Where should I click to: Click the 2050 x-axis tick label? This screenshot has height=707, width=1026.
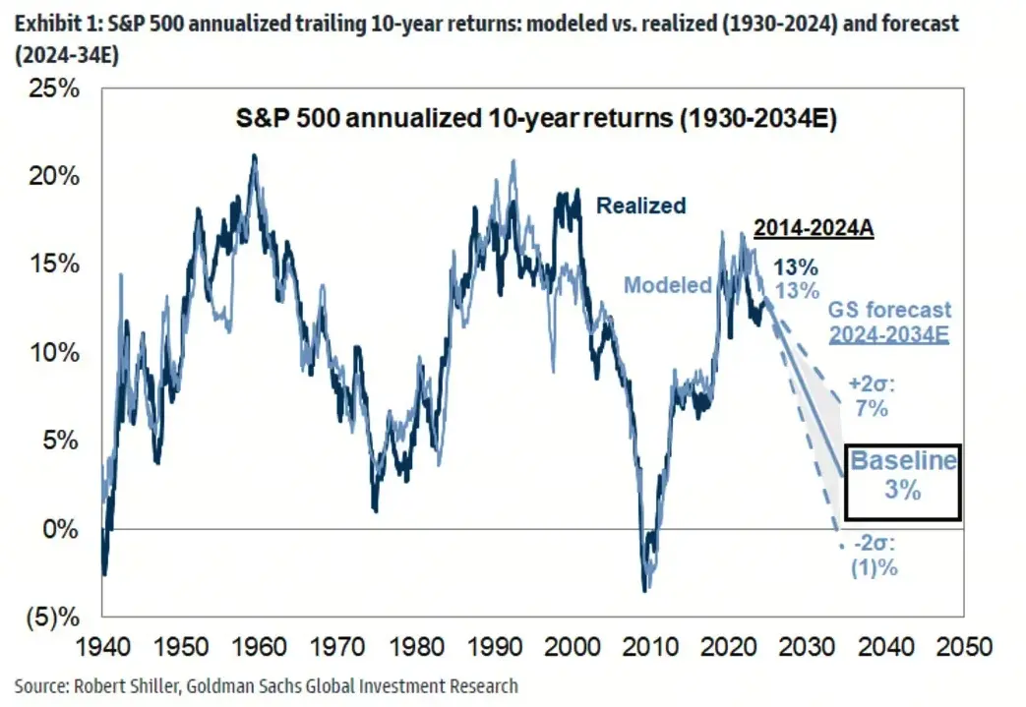point(962,649)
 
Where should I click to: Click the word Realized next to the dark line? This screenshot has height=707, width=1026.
point(640,206)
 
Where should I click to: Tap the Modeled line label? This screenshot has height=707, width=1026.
point(668,285)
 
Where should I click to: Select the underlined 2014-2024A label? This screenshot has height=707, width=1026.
point(814,229)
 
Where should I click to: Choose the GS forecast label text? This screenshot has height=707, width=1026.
point(890,310)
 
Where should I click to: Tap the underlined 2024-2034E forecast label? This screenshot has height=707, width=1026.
point(888,333)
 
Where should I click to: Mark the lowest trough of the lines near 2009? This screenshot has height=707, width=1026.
point(645,590)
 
